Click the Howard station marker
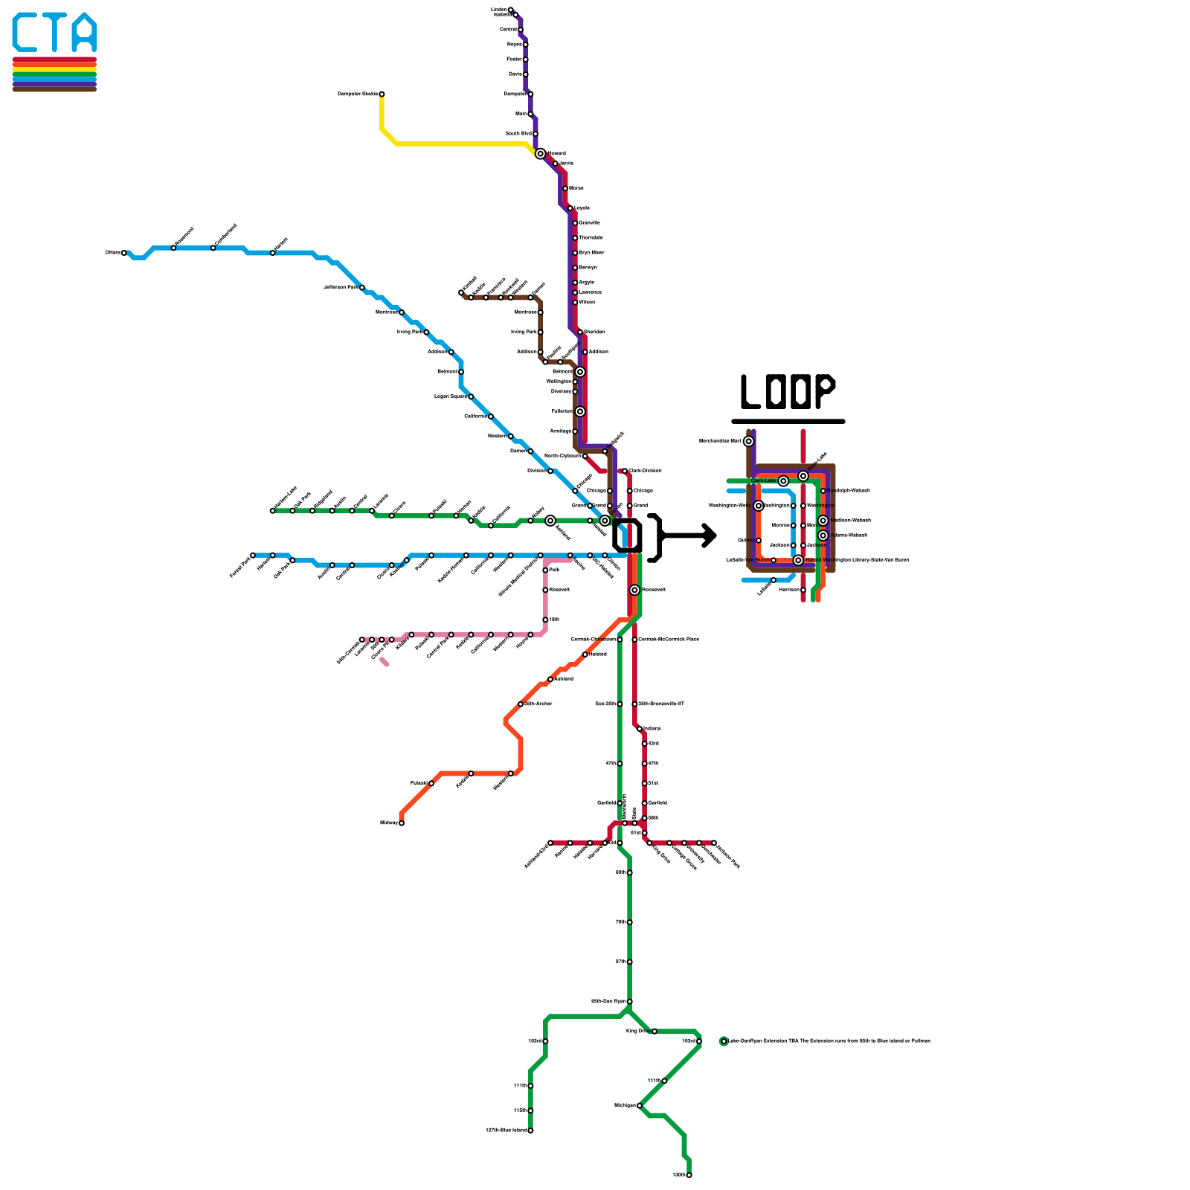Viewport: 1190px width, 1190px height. (x=540, y=153)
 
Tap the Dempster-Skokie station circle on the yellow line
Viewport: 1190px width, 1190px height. (x=382, y=94)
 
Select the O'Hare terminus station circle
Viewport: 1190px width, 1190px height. (x=124, y=253)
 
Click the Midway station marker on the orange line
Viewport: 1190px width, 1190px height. (x=402, y=823)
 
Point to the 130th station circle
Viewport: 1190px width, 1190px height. (x=689, y=1175)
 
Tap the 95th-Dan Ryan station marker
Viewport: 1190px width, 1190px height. (x=629, y=1002)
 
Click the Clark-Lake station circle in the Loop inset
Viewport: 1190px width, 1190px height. (x=783, y=481)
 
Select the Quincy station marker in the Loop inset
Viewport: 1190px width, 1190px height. (x=758, y=540)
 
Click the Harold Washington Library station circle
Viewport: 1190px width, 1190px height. (x=798, y=560)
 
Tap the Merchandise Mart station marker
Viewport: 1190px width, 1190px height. (x=748, y=441)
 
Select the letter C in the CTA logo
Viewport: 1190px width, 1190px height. (x=26, y=33)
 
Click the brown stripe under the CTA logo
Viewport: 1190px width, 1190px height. (x=54, y=89)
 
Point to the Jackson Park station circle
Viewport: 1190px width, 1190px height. (x=714, y=843)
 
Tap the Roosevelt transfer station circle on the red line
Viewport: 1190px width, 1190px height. (x=634, y=590)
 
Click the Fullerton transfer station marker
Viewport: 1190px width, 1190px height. (x=580, y=411)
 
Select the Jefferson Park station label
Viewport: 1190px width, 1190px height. (x=341, y=287)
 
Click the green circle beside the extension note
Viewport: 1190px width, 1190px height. (x=724, y=1041)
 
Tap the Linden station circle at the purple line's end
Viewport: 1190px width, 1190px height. (x=510, y=10)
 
